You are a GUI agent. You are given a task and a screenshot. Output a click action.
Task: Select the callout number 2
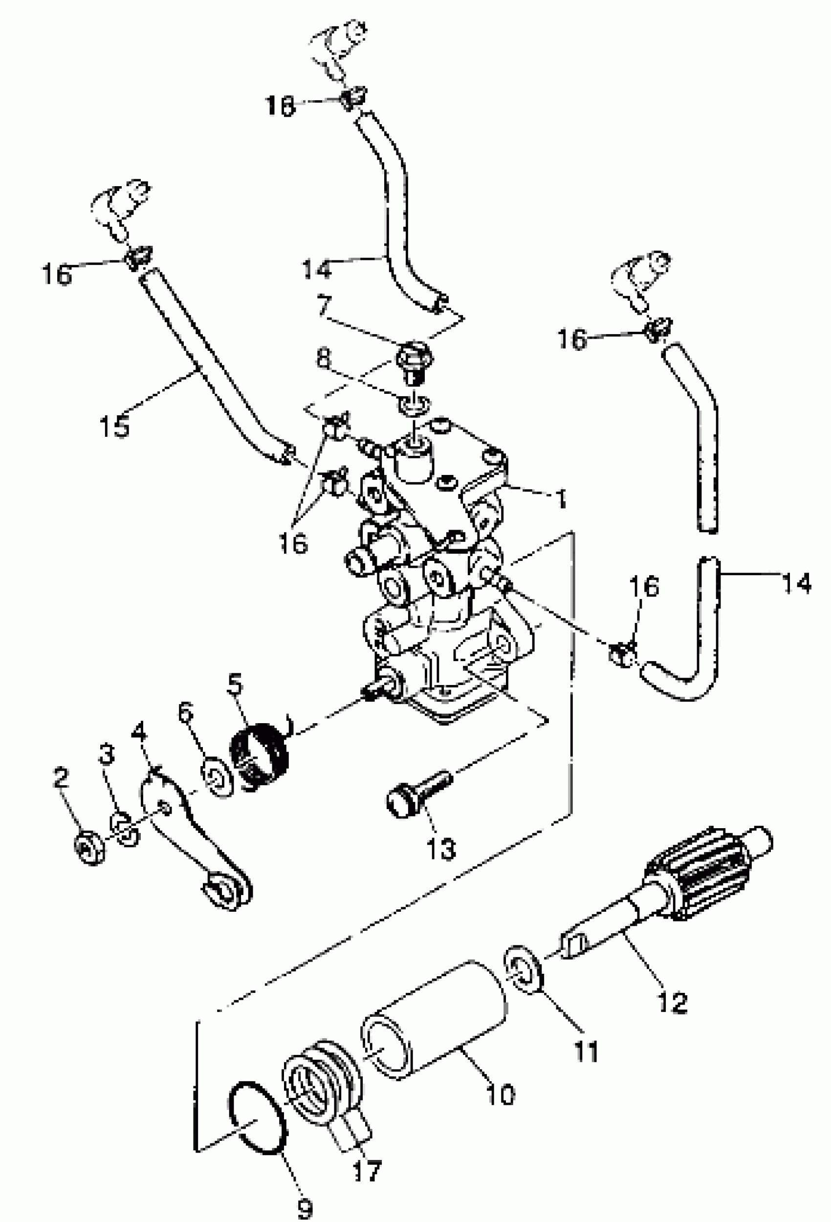point(61,778)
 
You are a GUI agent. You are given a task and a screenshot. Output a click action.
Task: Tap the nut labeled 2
point(90,849)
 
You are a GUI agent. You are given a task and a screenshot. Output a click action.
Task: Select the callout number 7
point(324,305)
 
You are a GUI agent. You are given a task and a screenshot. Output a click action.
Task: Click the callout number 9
point(306,1207)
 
